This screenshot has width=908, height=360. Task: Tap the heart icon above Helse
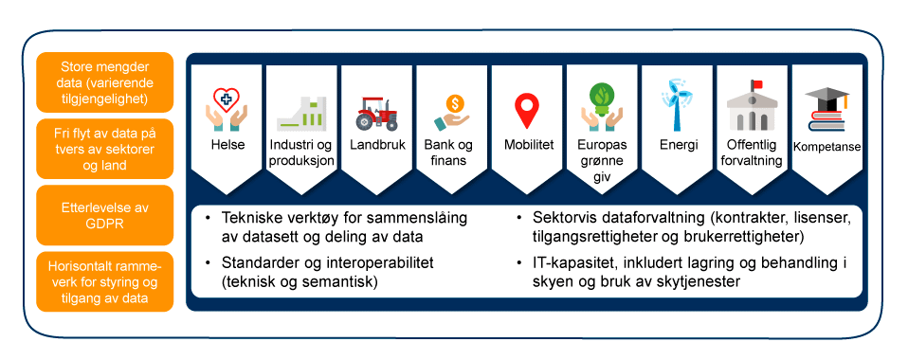click(226, 99)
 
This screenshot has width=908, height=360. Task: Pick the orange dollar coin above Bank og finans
click(455, 104)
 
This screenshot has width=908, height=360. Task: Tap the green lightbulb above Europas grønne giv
click(602, 100)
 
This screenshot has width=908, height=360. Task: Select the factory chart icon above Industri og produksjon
click(300, 112)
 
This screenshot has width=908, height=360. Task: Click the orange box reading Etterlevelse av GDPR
click(105, 215)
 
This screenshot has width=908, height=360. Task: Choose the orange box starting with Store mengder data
click(105, 82)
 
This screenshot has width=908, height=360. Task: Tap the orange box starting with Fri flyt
click(105, 149)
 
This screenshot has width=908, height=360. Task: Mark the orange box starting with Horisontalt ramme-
click(105, 282)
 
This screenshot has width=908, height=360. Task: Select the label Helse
click(227, 144)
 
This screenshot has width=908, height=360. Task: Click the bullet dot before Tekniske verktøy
click(209, 218)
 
